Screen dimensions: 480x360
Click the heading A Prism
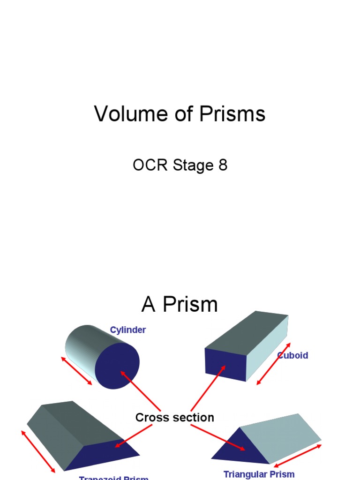(180, 305)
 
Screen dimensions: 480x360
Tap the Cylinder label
(127, 330)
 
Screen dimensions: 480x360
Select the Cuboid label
(293, 355)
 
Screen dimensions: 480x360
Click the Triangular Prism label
(259, 474)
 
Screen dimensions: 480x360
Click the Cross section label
(174, 417)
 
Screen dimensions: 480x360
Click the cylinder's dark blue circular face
(117, 366)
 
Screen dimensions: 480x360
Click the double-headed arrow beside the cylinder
(76, 371)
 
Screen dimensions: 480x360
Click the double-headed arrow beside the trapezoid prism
(38, 450)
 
